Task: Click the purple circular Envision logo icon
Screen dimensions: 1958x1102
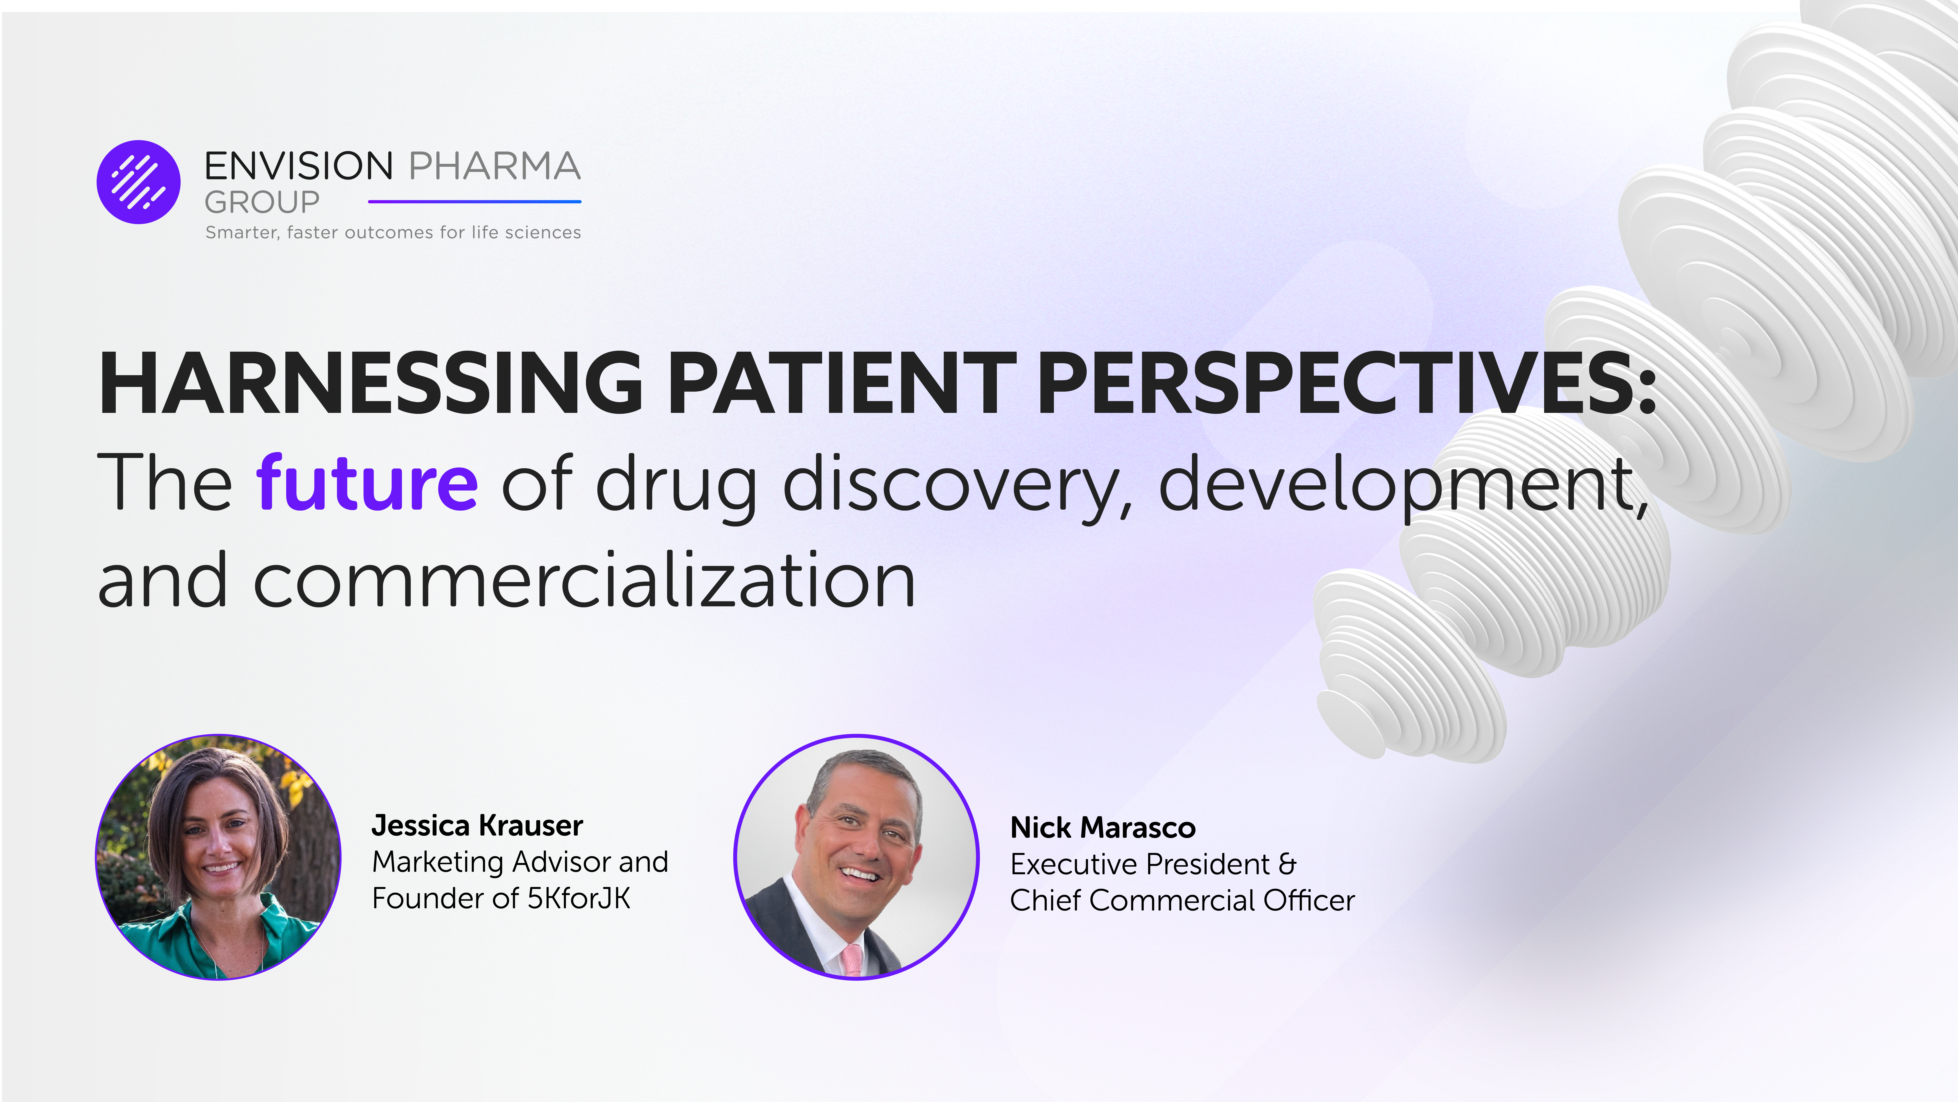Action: [138, 182]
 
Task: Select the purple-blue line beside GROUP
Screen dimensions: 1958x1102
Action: [474, 202]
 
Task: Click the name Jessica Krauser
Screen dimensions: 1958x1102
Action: [477, 825]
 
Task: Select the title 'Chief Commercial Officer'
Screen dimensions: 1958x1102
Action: [1182, 900]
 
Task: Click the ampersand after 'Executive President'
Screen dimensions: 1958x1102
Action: [1287, 864]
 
